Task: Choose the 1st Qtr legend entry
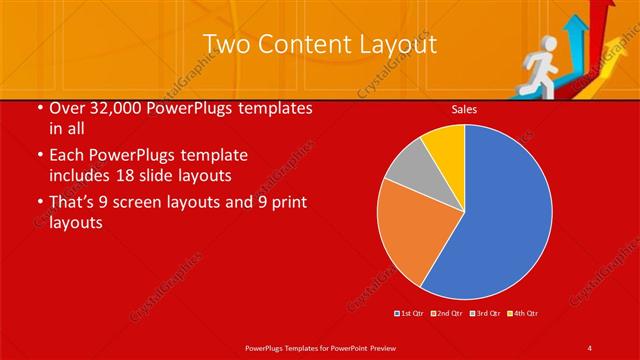tap(410, 314)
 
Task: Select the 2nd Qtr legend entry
tap(447, 314)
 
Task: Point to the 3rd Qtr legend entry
tap(485, 314)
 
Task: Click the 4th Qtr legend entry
tap(523, 314)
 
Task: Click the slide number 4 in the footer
tap(590, 347)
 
